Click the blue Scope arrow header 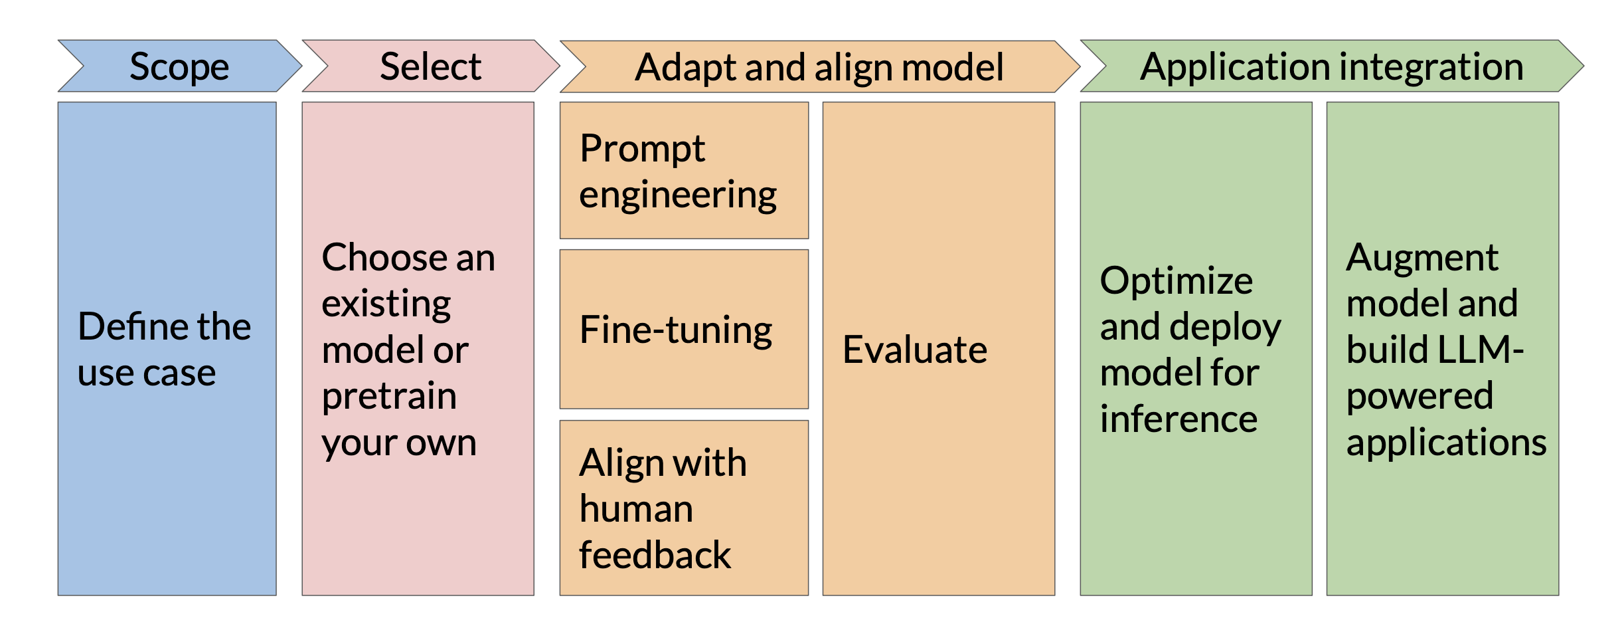click(x=180, y=66)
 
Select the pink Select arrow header click(x=431, y=66)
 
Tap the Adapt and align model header click(x=820, y=66)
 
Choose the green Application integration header click(x=1332, y=66)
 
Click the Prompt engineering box click(x=684, y=170)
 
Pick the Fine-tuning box click(x=684, y=329)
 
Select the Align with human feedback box click(x=684, y=508)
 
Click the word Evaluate click(x=915, y=350)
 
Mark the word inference click(x=1178, y=419)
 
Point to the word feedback click(x=655, y=554)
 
